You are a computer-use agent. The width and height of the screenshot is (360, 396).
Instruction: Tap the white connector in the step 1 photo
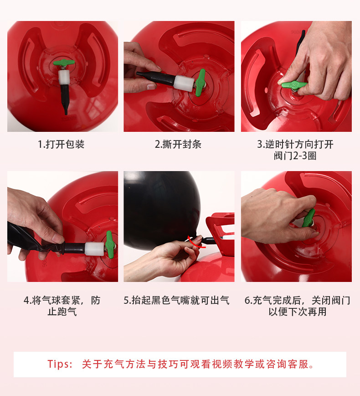[x=64, y=77]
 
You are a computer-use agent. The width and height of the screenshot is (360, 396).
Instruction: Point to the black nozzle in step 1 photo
[x=65, y=99]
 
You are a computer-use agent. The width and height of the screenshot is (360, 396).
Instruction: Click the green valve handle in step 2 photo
[x=201, y=83]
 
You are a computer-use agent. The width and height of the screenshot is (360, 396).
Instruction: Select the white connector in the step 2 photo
[x=184, y=83]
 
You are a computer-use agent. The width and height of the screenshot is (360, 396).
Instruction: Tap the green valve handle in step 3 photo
[x=294, y=85]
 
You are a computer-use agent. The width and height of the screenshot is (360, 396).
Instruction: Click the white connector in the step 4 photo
[x=94, y=249]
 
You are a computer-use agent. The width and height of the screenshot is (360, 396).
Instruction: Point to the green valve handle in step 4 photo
[x=110, y=245]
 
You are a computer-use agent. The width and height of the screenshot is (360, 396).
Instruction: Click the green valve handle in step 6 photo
[x=309, y=218]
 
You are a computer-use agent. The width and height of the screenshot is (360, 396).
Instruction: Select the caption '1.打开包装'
[x=61, y=145]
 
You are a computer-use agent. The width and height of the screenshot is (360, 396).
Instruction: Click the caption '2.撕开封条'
[x=178, y=145]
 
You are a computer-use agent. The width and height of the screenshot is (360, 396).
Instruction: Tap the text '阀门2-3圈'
[x=295, y=156]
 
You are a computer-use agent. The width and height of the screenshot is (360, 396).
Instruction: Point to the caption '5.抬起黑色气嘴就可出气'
[x=177, y=300]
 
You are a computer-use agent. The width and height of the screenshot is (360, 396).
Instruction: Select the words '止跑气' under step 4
[x=62, y=312]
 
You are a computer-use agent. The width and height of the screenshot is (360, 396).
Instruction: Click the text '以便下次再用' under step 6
[x=298, y=312]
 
